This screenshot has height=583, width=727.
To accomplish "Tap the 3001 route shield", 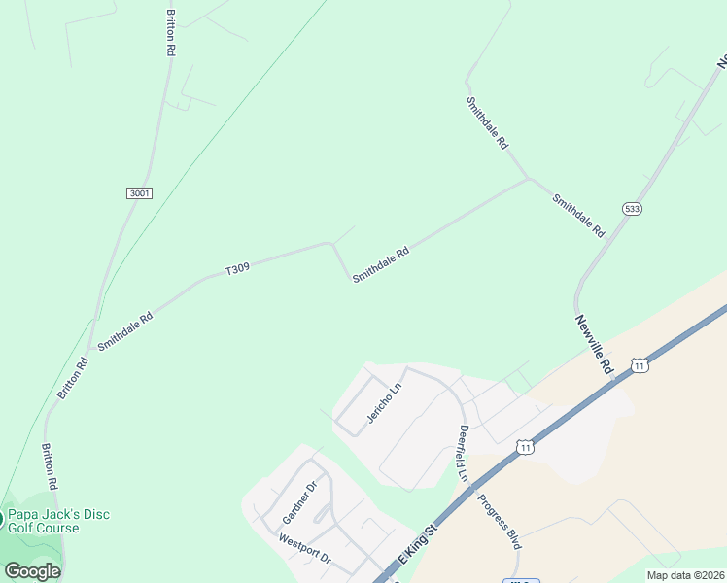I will pyautogui.click(x=139, y=193).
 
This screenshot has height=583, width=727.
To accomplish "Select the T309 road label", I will pyautogui.click(x=238, y=268).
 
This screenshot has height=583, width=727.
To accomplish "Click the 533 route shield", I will pyautogui.click(x=633, y=208).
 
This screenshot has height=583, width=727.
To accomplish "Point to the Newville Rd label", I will pyautogui.click(x=594, y=345).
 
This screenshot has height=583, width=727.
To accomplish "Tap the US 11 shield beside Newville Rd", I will pyautogui.click(x=639, y=365).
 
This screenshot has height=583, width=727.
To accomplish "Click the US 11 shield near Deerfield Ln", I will pyautogui.click(x=525, y=447).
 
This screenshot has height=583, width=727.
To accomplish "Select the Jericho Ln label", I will pyautogui.click(x=384, y=404).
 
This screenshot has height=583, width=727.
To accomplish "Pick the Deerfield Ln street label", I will pyautogui.click(x=464, y=454).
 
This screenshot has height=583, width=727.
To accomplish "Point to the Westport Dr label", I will pyautogui.click(x=305, y=550).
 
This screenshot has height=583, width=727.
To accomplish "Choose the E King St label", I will pyautogui.click(x=419, y=551).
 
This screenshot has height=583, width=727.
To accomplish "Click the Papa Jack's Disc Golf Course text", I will pyautogui.click(x=58, y=521).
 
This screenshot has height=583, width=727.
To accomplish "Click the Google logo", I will pyautogui.click(x=33, y=570).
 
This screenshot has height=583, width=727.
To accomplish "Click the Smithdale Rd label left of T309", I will pyautogui.click(x=125, y=331).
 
